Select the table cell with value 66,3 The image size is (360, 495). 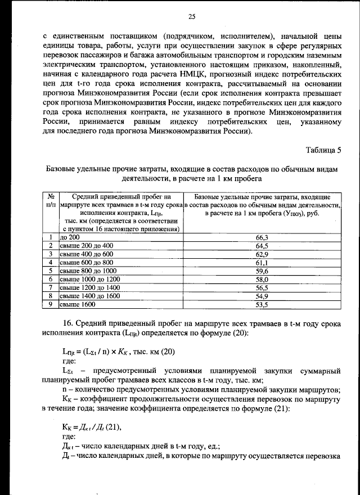(x=262, y=237)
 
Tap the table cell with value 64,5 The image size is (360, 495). (x=262, y=246)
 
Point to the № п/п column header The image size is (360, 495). (x=51, y=201)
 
